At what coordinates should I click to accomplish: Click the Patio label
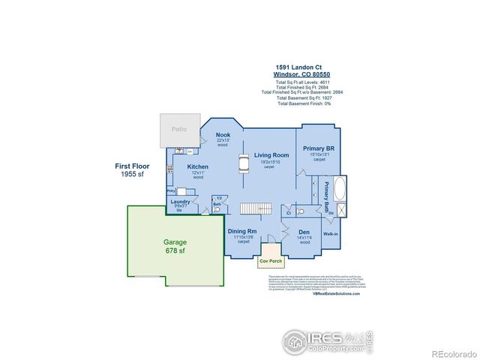(178, 129)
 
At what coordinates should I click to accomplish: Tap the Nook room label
(223, 135)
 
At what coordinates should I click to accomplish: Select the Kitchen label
(198, 166)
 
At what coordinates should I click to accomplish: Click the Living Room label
(272, 155)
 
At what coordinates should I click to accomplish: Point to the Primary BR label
(319, 148)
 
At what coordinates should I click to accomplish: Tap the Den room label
(304, 232)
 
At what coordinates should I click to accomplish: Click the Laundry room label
(179, 202)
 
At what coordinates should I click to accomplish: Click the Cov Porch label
(268, 261)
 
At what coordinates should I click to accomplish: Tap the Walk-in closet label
(331, 234)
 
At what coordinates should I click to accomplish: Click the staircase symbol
(255, 208)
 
